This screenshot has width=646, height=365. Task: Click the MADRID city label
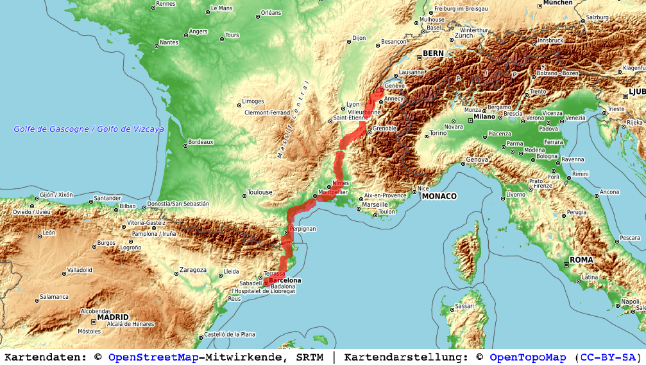point(113,317)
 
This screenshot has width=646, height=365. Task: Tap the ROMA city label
point(581,260)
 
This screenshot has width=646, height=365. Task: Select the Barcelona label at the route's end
point(285,280)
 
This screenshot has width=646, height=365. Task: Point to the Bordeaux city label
point(200,142)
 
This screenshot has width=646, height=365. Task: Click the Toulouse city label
point(260,192)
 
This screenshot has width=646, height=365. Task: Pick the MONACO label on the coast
point(439,196)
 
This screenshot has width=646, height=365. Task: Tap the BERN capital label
point(433,53)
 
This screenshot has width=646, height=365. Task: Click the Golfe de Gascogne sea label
point(89,129)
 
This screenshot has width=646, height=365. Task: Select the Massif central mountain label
point(293,120)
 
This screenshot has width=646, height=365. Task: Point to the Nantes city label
point(169,42)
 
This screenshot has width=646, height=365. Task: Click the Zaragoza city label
point(193,271)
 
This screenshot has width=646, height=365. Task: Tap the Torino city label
point(438,134)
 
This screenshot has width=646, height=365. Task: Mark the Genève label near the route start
point(394,85)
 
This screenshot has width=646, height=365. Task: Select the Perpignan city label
point(302,229)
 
